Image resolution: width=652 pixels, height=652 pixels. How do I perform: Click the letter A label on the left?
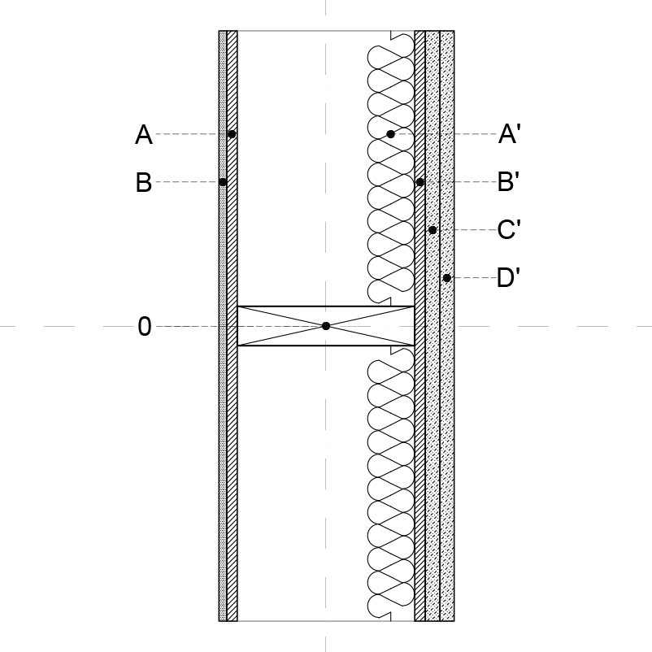144,134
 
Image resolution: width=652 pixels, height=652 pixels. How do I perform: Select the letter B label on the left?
144,182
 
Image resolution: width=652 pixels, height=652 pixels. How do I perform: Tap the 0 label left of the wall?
144,327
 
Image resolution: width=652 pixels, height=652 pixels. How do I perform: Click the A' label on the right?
510,134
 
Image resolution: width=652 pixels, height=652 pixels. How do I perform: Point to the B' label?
509,182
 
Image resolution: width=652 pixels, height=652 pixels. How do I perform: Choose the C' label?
509,229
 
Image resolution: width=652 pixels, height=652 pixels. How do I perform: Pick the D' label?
509,277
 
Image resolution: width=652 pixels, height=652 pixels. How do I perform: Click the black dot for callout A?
232,134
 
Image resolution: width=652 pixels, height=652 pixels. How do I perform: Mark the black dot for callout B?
223,182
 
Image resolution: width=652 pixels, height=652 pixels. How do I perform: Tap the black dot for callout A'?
390,134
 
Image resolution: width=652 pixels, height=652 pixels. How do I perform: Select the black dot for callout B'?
420,182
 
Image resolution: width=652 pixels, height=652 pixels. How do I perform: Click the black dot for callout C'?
432,230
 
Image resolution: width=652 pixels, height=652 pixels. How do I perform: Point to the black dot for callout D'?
447,278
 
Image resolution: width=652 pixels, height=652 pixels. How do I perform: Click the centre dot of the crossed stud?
326,326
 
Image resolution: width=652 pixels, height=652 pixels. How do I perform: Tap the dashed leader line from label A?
192,134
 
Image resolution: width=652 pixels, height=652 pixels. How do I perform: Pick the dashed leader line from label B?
187,182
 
